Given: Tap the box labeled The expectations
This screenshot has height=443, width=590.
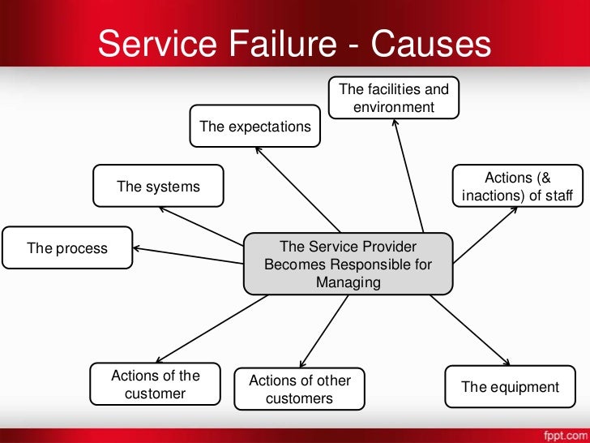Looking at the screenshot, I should point(254,127).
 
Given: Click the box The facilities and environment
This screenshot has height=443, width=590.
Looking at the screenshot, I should point(393,97).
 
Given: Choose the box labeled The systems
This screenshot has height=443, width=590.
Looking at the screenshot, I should point(158,187).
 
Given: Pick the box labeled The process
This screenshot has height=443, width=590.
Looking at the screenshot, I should point(67,248).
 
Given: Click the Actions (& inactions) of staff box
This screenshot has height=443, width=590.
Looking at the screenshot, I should point(517,187).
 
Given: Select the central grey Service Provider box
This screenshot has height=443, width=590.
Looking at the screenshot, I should point(348,264).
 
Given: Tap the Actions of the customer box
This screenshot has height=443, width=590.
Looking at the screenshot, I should point(155,385).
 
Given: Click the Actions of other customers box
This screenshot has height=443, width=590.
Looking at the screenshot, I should point(299,389).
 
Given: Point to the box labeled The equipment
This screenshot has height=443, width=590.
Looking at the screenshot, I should point(510,387).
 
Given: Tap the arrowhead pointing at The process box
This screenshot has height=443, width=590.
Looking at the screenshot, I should point(138,248).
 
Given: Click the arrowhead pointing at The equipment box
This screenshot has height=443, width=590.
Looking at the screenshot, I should point(507,362).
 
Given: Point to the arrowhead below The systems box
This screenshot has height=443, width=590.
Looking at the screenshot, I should point(162,209).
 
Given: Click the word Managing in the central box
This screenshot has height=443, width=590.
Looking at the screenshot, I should point(348,282).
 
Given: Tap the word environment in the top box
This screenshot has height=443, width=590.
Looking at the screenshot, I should point(394,107).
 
